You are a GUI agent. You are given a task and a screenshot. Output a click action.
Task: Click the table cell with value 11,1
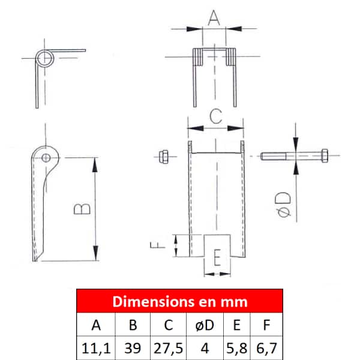[x=96, y=348]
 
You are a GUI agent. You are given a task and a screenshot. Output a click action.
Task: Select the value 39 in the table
[x=133, y=348]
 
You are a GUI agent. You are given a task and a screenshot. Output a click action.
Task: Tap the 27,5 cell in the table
[x=168, y=348]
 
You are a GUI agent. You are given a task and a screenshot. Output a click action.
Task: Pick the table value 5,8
[x=236, y=348]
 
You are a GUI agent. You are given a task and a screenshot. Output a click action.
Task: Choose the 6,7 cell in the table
[x=266, y=348]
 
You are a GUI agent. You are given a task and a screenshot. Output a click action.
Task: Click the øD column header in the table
[x=205, y=325]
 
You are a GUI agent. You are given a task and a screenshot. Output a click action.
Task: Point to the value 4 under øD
[x=205, y=348]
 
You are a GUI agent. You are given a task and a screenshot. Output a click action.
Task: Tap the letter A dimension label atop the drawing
[x=214, y=17]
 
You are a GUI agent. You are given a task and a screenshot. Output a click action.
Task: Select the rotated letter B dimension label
[x=82, y=209]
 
